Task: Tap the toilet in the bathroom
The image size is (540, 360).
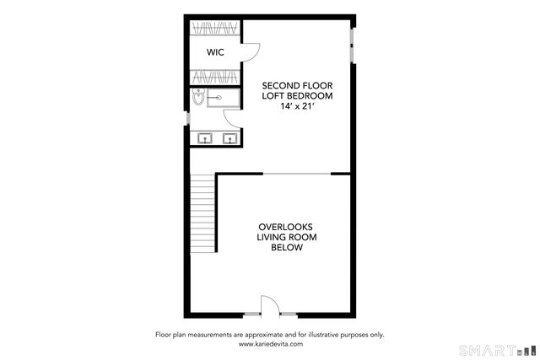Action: tap(197, 99)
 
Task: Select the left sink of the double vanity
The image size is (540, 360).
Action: tap(204, 138)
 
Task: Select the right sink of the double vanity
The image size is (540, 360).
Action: tap(229, 138)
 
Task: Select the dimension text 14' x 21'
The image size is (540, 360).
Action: tap(296, 107)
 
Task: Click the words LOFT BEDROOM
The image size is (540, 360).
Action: tap(296, 96)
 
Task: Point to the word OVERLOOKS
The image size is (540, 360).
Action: tap(285, 227)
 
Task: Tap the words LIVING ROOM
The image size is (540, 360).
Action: tap(285, 237)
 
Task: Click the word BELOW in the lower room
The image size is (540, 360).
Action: tap(285, 248)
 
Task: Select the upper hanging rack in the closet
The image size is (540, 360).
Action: tap(215, 28)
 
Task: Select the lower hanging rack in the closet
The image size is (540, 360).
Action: tap(215, 77)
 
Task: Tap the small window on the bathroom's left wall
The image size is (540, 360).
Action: tap(187, 116)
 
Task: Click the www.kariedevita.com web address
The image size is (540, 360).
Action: tap(270, 344)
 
